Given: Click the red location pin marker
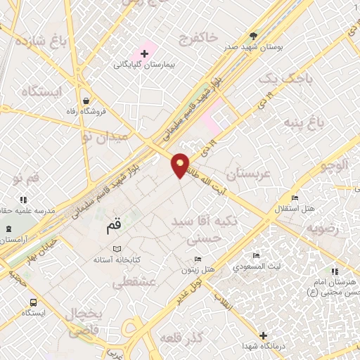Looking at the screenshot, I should pos(181,165).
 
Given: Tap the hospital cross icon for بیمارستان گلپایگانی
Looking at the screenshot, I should pos(145,53).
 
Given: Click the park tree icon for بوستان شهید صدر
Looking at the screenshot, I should pos(253,35).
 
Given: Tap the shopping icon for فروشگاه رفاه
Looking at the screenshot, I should pos(85,101).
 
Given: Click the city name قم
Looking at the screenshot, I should pos(113,226).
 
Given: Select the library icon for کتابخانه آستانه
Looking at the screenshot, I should pos(117,249).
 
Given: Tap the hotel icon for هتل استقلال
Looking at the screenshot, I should pos(294,198).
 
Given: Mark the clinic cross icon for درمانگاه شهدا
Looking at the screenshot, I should pos(263,335).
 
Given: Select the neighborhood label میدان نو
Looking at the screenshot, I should pos(105,134).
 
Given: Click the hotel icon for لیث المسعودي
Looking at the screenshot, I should pos(257,255).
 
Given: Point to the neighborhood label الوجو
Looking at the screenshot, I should pos(333,166).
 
